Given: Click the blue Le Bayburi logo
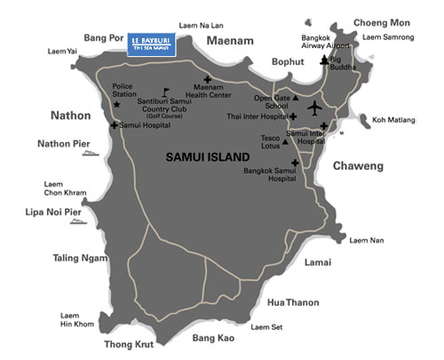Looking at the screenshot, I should tap(151, 44).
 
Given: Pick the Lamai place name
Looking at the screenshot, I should tap(317, 263).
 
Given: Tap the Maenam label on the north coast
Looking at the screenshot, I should tap(231, 40).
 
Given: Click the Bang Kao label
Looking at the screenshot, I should tap(213, 339).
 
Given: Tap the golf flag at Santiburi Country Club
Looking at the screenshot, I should tap(165, 92).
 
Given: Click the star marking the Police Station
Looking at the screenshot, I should tap(117, 104).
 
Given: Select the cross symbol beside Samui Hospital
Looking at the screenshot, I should tap(113, 126).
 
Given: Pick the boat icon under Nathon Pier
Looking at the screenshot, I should tap(89, 155).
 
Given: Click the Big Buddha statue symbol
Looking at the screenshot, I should tap(323, 60).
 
